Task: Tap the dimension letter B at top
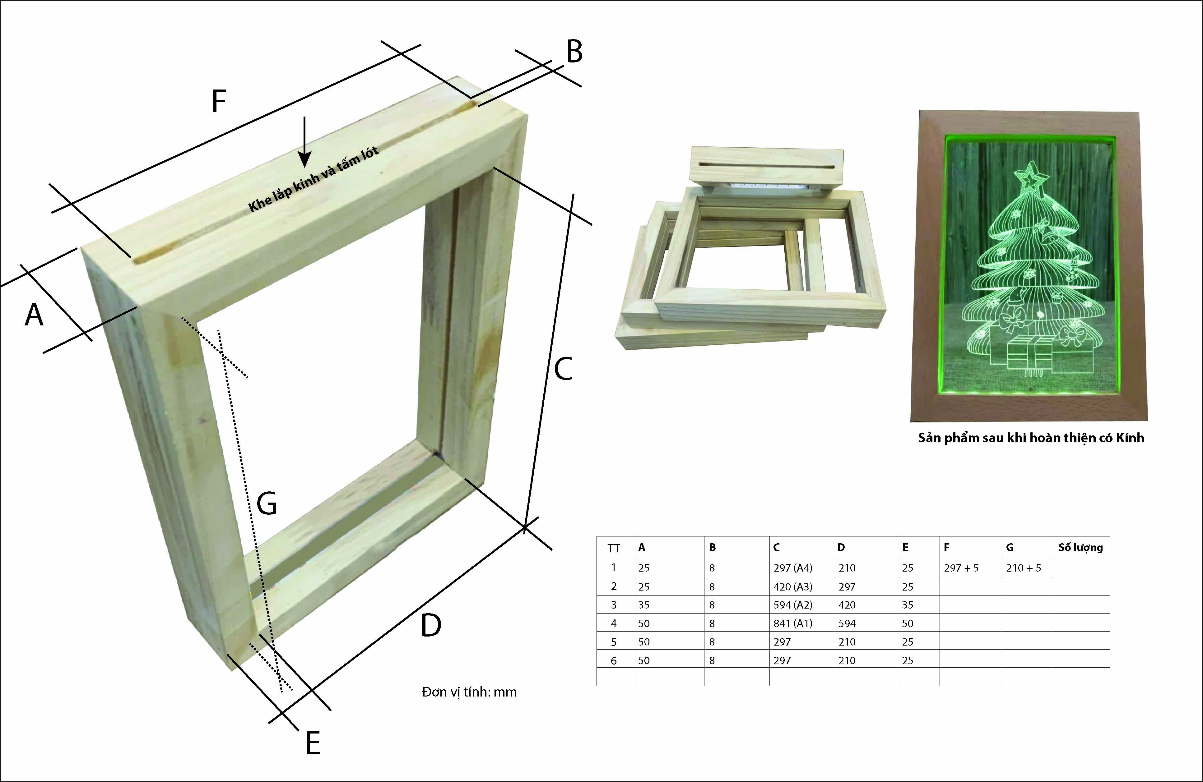click(x=574, y=52)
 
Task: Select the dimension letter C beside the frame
click(x=563, y=368)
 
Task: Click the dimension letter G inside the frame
click(x=267, y=503)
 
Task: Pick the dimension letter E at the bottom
click(x=313, y=743)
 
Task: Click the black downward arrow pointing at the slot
click(x=304, y=141)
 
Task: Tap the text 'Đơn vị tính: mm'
click(x=469, y=692)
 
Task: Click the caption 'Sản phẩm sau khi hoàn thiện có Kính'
click(x=1031, y=438)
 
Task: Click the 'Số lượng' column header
click(x=1081, y=548)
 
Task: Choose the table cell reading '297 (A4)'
click(x=792, y=568)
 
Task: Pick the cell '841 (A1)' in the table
click(x=792, y=623)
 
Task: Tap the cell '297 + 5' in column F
click(x=961, y=568)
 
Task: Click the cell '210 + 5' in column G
click(x=1024, y=568)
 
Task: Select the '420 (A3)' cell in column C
click(x=792, y=586)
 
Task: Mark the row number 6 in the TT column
click(x=614, y=660)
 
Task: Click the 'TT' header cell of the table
click(x=614, y=548)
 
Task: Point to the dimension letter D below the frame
click(x=431, y=625)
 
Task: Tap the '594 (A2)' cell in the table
click(x=792, y=605)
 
